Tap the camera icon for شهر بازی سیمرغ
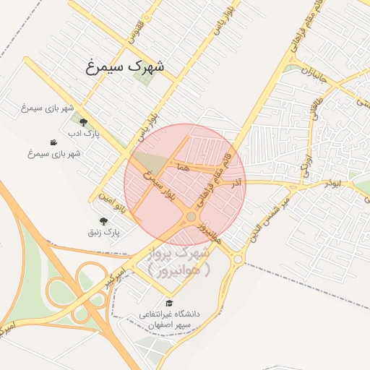click(53, 142)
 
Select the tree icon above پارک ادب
click(84, 122)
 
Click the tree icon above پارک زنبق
click(104, 221)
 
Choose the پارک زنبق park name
click(102, 233)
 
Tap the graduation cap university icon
click(169, 303)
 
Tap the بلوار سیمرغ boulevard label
click(160, 187)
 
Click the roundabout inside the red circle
click(191, 217)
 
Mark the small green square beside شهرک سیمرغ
click(142, 75)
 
